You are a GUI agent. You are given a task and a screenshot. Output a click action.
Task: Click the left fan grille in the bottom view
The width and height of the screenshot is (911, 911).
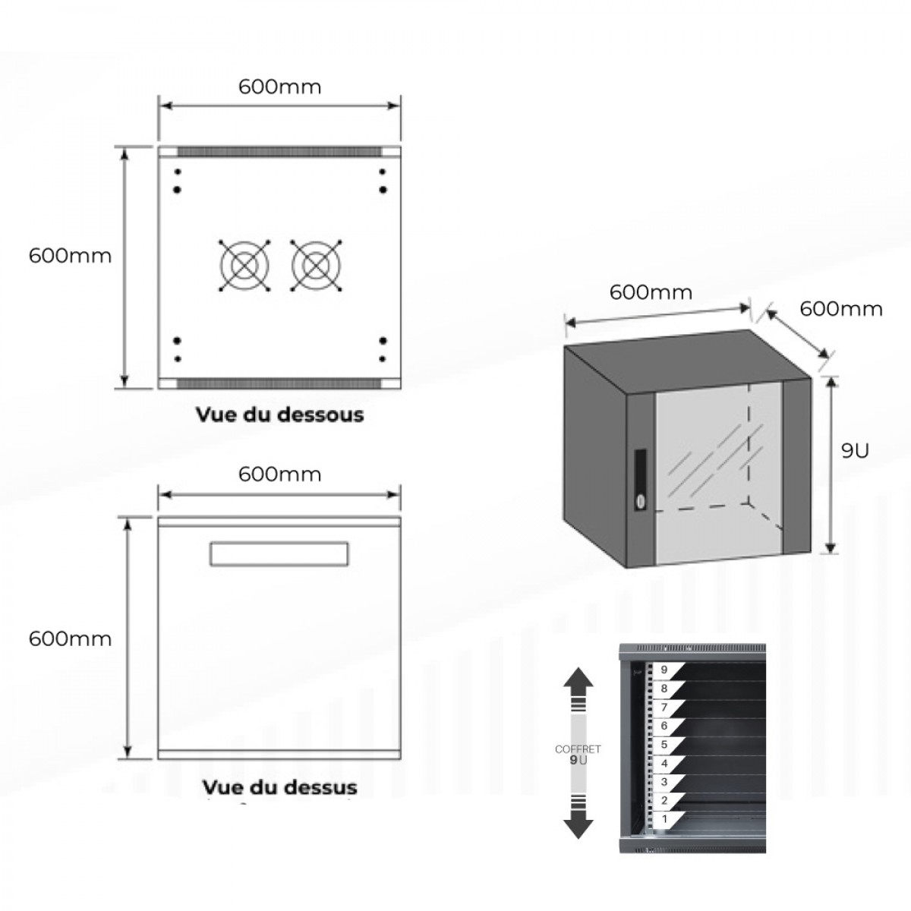point(244,266)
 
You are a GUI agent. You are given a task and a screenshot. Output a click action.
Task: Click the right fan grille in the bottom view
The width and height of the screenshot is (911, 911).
point(316,266)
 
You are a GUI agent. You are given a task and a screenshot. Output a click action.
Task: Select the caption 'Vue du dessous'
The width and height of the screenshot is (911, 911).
point(279,415)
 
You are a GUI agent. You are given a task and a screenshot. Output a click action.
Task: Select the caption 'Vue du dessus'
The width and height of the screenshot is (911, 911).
point(279,786)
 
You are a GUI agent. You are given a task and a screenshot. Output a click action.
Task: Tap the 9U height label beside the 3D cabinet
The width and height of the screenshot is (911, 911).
point(855,450)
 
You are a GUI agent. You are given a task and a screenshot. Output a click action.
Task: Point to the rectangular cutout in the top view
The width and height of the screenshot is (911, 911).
point(279,553)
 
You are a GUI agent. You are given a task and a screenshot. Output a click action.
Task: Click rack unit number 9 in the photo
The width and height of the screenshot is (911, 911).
point(664,670)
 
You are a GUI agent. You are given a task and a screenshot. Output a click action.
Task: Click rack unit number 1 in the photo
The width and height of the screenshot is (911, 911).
point(665,819)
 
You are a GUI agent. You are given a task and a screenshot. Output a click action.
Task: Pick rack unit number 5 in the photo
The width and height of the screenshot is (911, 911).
point(664,745)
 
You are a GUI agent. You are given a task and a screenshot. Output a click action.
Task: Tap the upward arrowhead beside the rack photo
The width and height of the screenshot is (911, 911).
point(578,678)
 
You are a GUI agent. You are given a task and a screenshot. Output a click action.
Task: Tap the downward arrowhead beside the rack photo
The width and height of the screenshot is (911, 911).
point(578,825)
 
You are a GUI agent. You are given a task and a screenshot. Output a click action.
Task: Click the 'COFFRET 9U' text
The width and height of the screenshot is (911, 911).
point(578,754)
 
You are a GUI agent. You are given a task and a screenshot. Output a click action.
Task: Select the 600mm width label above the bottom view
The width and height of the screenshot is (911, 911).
point(279,87)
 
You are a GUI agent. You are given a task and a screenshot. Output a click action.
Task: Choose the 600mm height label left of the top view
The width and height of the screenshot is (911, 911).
point(70,638)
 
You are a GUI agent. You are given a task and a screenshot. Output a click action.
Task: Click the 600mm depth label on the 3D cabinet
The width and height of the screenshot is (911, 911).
point(841,309)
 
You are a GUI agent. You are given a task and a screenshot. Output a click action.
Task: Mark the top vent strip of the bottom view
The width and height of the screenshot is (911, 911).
point(279,152)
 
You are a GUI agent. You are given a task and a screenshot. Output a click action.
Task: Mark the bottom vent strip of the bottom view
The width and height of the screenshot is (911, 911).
point(279,383)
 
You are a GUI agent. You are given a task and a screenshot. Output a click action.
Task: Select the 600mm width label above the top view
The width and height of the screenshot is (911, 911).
point(279,474)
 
